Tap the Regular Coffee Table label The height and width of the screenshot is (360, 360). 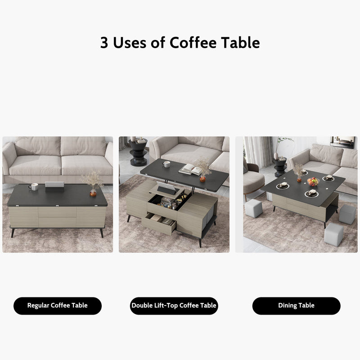point(58,306)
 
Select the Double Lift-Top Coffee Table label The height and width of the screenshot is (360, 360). point(174,306)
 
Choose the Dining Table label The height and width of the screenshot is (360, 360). point(296,306)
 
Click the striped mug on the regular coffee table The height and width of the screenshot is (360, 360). point(34,186)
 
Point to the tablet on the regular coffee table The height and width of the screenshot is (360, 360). point(53,186)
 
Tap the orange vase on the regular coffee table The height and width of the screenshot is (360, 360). point(93,193)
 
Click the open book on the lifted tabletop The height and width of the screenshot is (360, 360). point(190,170)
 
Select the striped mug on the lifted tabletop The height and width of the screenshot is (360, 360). point(166,165)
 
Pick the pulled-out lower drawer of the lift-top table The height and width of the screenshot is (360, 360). point(160,223)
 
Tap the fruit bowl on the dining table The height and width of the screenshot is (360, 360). point(313,181)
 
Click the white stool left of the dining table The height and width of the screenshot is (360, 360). point(254,209)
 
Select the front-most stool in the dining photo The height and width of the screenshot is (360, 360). point(334,235)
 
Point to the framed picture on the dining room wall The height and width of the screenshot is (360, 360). point(343,142)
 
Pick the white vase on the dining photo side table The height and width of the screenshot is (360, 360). point(275,155)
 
